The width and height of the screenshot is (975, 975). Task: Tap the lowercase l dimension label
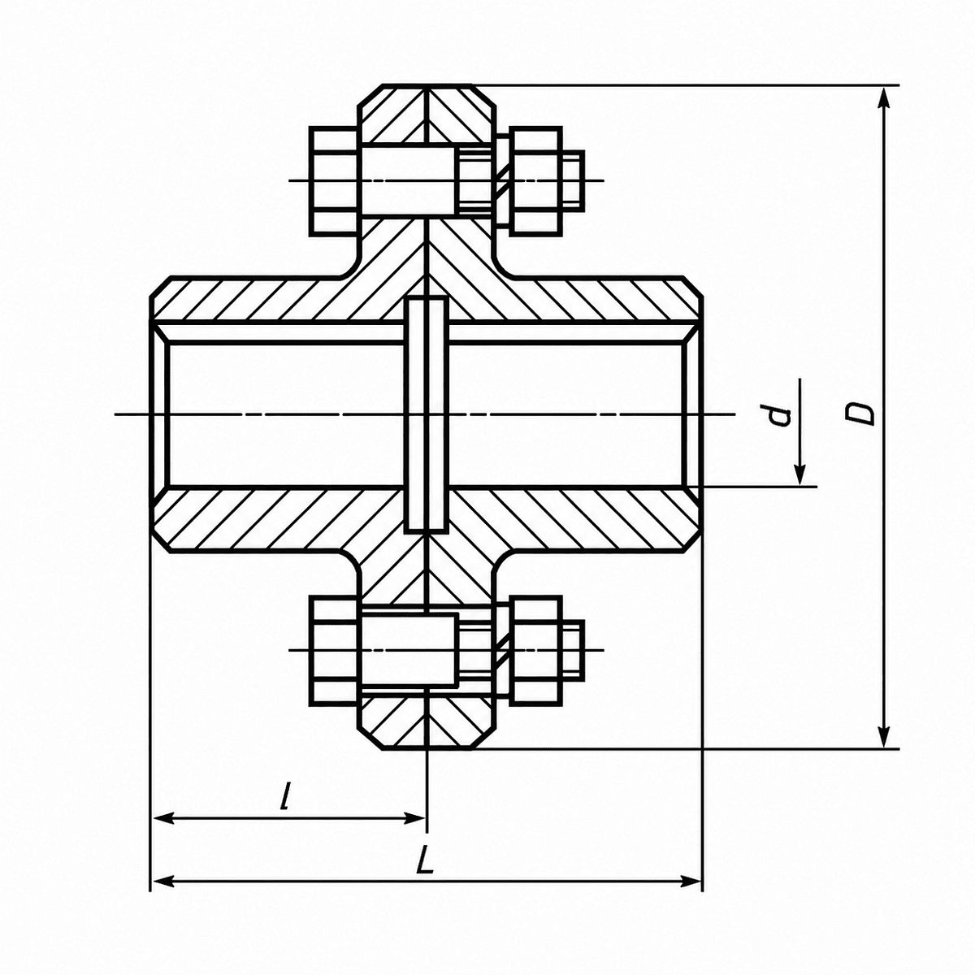(287, 795)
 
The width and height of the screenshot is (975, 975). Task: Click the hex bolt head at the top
(336, 180)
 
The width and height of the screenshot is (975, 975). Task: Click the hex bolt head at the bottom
(336, 651)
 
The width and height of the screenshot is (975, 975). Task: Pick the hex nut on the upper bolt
(535, 180)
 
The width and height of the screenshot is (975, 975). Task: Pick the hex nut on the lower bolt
(535, 651)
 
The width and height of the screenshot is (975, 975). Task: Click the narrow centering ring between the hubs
(427, 415)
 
